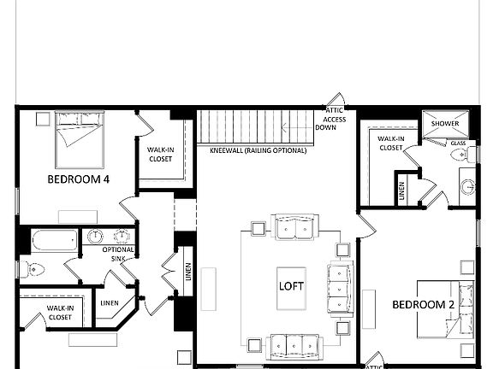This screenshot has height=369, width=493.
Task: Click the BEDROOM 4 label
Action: pyautogui.click(x=78, y=179)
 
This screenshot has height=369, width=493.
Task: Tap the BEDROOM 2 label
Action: pyautogui.click(x=423, y=304)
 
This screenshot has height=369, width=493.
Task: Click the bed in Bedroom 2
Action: pyautogui.click(x=445, y=309)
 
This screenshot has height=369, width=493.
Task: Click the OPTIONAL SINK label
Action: pyautogui.click(x=118, y=254)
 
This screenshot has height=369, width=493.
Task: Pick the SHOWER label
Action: pyautogui.click(x=445, y=124)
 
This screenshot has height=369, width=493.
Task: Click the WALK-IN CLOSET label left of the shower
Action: pyautogui.click(x=390, y=143)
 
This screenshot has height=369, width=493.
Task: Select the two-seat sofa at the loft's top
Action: pyautogui.click(x=294, y=227)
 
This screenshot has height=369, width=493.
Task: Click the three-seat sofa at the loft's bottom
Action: pyautogui.click(x=294, y=346)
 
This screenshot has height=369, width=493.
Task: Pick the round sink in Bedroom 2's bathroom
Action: pyautogui.click(x=467, y=185)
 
